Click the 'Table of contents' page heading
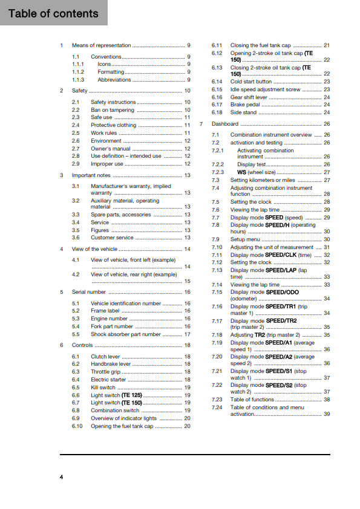click(x=53, y=13)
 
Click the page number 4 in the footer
click(x=61, y=478)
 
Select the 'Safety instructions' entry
click(x=113, y=102)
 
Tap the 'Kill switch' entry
click(x=103, y=387)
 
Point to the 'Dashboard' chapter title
click(x=225, y=124)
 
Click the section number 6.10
click(x=77, y=426)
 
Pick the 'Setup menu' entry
click(x=246, y=239)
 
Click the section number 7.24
click(x=217, y=407)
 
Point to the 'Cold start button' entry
click(x=251, y=82)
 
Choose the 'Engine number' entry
click(x=109, y=319)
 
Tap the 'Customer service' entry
click(x=113, y=238)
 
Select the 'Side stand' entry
click(x=243, y=112)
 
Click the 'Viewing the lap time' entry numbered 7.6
click(x=255, y=210)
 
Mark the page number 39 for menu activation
click(x=327, y=414)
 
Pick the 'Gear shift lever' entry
click(x=249, y=97)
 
